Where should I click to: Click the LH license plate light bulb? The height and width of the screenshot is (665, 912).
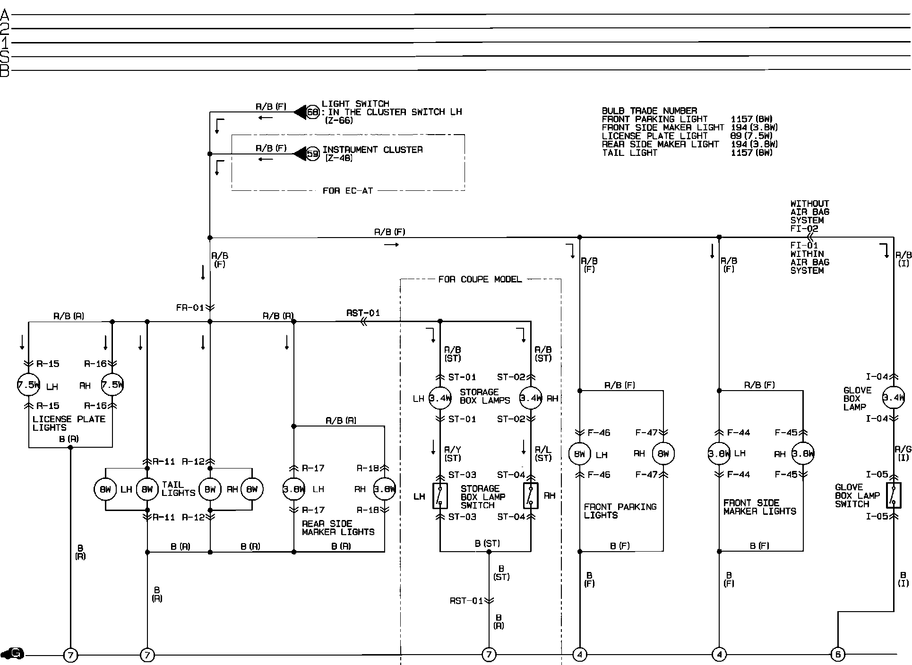tap(28, 384)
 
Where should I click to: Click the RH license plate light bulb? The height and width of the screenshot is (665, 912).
tap(112, 384)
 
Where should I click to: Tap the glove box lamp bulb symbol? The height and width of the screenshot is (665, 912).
tap(893, 398)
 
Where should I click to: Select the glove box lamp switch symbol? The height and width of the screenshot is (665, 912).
tap(893, 495)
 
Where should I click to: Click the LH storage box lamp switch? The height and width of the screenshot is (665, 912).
tap(440, 495)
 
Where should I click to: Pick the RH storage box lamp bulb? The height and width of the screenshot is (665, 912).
tap(531, 398)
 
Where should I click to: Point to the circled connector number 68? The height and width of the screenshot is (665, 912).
tap(313, 112)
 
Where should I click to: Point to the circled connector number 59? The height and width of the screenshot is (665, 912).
tap(313, 154)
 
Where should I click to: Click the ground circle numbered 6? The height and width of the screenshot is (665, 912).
tap(838, 654)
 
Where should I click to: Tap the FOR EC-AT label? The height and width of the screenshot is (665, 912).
tap(348, 191)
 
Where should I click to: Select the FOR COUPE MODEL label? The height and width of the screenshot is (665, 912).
tap(480, 279)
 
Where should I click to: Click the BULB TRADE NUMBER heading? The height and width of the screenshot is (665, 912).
tap(649, 111)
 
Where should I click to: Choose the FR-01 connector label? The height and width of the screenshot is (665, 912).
tap(190, 308)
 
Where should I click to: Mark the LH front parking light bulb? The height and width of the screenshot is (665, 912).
tap(579, 454)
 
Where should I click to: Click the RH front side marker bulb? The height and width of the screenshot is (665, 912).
tap(803, 454)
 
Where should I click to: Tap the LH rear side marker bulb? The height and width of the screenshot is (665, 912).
tap(293, 489)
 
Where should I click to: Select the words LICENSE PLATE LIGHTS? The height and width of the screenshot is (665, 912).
tap(69, 423)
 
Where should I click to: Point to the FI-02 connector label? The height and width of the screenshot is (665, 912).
tap(804, 229)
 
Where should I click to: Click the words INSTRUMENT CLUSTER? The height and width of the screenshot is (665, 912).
tap(372, 150)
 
